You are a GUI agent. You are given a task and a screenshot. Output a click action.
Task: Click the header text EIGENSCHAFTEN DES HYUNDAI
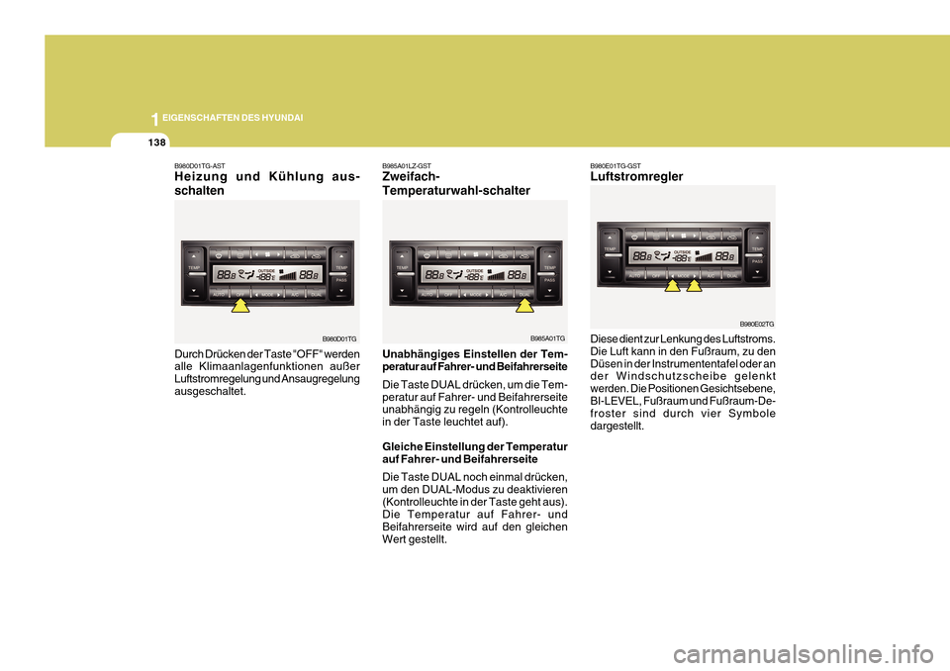click(233, 118)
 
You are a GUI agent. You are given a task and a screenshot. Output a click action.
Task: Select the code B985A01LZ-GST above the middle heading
click(407, 165)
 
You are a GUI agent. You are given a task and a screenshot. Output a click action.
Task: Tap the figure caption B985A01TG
click(547, 338)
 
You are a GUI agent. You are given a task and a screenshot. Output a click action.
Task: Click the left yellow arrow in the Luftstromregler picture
click(672, 287)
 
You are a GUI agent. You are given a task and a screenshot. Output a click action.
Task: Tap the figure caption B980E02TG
click(757, 324)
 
